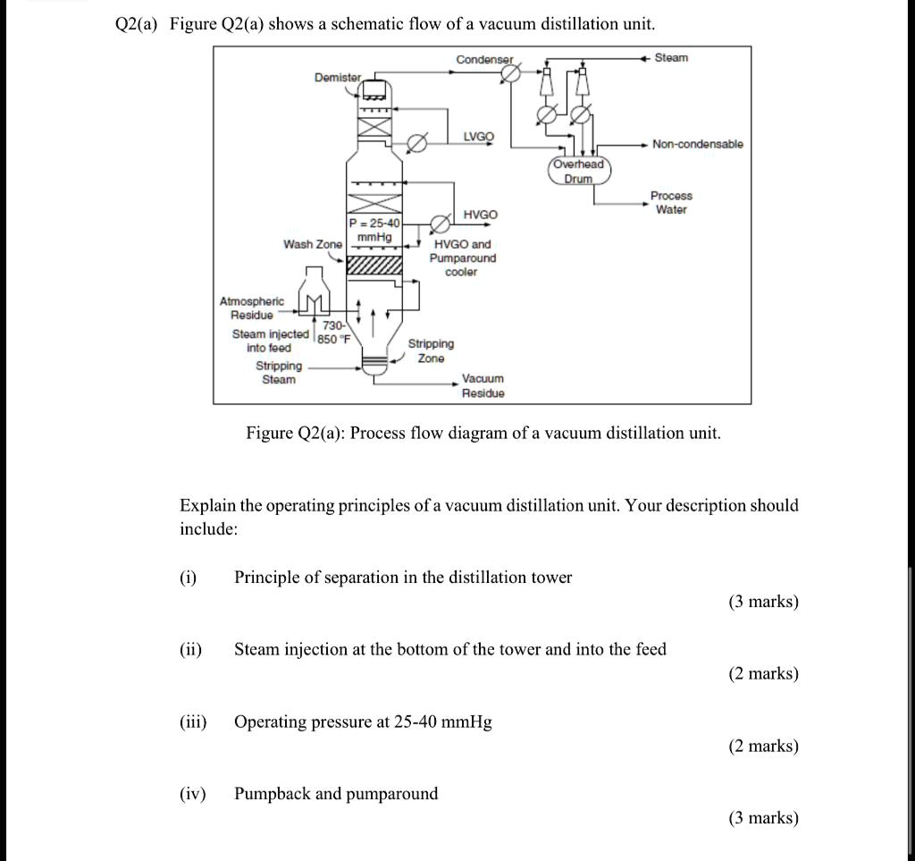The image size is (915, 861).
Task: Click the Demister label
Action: [337, 78]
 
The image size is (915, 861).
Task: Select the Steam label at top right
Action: [671, 58]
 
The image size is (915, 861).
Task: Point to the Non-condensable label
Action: [697, 144]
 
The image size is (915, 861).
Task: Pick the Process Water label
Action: [671, 203]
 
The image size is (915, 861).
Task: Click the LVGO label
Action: [478, 137]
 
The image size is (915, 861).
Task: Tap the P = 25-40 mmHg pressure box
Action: [374, 229]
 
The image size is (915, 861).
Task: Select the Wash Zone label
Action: [312, 244]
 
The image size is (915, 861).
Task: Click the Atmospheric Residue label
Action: [251, 308]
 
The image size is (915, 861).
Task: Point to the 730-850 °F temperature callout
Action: [334, 333]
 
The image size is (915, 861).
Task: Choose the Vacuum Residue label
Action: [483, 386]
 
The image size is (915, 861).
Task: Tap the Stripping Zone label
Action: [431, 350]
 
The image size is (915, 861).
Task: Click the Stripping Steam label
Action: [279, 373]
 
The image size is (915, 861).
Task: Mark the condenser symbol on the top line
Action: [510, 75]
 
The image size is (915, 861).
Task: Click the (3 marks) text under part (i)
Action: [762, 602]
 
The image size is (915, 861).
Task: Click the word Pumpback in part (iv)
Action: [274, 794]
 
